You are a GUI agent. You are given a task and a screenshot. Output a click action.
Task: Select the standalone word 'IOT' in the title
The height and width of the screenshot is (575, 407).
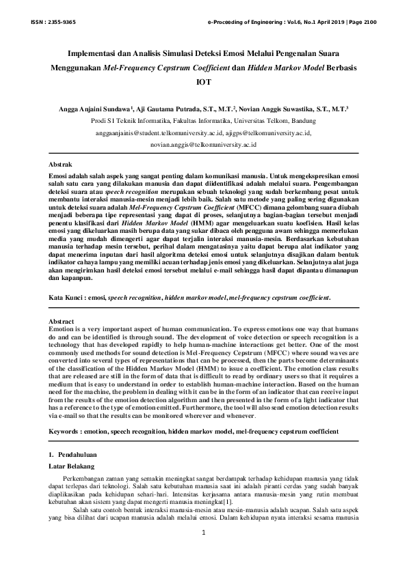coord(203,82)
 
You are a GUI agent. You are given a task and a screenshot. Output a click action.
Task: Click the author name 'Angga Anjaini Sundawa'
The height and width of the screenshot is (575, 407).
coord(95,109)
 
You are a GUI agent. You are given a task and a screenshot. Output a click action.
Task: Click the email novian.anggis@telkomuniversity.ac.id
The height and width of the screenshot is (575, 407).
coord(203,145)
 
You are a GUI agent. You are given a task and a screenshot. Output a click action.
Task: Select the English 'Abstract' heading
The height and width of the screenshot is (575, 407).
coord(64,321)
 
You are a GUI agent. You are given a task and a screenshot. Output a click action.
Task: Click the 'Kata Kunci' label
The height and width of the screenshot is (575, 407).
coord(69,298)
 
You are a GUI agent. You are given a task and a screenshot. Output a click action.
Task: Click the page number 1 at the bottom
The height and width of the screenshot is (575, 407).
coord(203,534)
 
